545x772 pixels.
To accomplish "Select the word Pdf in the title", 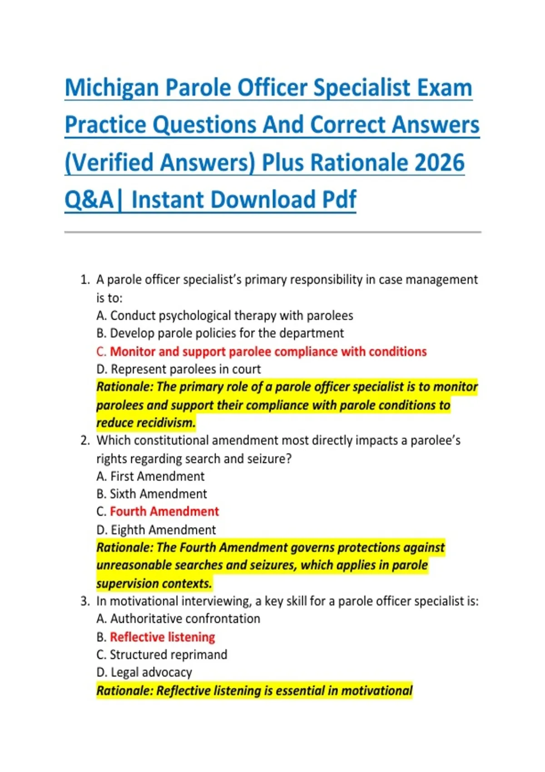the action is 339,199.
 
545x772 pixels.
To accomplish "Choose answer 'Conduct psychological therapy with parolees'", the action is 225,316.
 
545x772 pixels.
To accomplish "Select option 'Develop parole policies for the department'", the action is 220,333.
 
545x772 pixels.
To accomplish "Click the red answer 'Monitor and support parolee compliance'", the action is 262,352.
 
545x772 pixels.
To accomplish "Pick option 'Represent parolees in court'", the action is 178,370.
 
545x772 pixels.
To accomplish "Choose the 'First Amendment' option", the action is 150,477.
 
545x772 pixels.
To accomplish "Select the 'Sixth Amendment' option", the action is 152,494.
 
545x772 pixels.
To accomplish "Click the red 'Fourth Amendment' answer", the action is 158,512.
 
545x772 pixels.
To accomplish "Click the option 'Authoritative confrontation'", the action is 178,619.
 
